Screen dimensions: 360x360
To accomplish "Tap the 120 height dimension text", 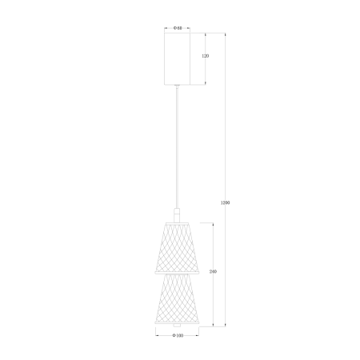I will point(205,57).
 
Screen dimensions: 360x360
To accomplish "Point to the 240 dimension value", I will point(213,272).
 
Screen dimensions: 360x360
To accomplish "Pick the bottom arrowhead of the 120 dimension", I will point(205,83).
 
